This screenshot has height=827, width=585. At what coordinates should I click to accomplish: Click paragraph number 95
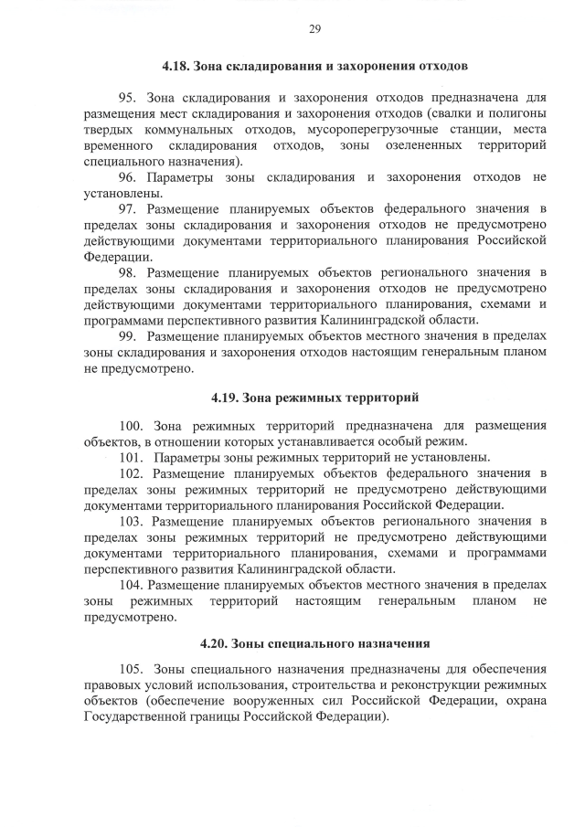pos(128,97)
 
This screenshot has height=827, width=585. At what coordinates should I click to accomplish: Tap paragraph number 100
pos(132,425)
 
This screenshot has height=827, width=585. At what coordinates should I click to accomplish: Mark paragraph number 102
pos(132,473)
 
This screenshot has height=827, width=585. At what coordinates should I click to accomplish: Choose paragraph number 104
pos(132,585)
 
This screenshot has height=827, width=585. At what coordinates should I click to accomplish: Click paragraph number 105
pos(132,668)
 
